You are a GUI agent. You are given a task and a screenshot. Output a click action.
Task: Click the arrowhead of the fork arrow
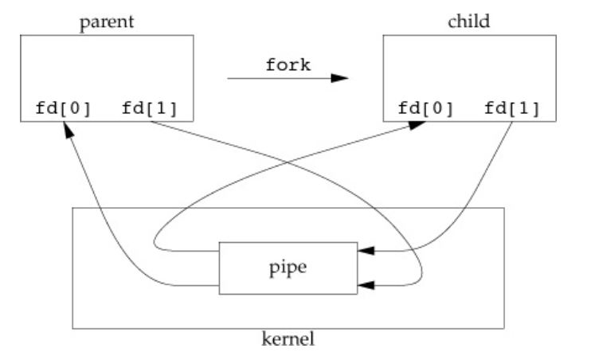[341, 79]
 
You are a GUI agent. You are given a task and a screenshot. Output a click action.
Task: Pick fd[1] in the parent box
[149, 108]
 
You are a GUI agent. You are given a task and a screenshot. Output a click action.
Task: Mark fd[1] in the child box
[511, 108]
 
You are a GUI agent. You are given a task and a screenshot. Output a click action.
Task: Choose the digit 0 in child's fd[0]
[432, 108]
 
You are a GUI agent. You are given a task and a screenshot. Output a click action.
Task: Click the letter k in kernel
[267, 341]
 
